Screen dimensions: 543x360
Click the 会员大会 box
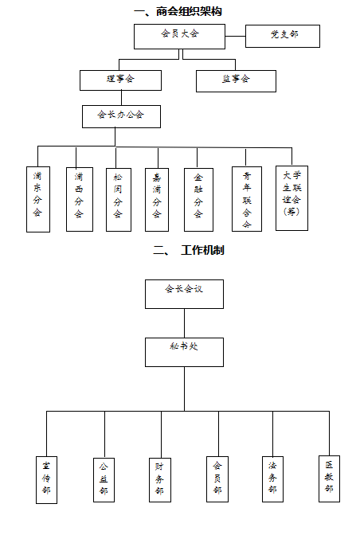(179, 36)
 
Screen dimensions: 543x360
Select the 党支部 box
(283, 36)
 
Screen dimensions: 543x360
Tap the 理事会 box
(120, 80)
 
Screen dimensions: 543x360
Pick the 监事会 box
(236, 80)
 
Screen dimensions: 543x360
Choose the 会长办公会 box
(121, 116)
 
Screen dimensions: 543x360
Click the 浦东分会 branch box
(38, 198)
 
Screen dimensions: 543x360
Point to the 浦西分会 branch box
(78, 198)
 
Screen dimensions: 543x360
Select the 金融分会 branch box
(198, 198)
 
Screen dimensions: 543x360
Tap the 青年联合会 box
(246, 198)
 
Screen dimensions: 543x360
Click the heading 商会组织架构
(178, 11)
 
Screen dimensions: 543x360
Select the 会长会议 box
(184, 293)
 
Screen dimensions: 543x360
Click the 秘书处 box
(184, 352)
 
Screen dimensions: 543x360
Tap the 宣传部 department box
(47, 479)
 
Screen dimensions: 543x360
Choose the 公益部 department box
(104, 479)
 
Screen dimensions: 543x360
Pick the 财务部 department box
(159, 479)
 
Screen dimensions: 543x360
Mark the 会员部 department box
(217, 479)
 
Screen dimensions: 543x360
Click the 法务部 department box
(273, 479)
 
